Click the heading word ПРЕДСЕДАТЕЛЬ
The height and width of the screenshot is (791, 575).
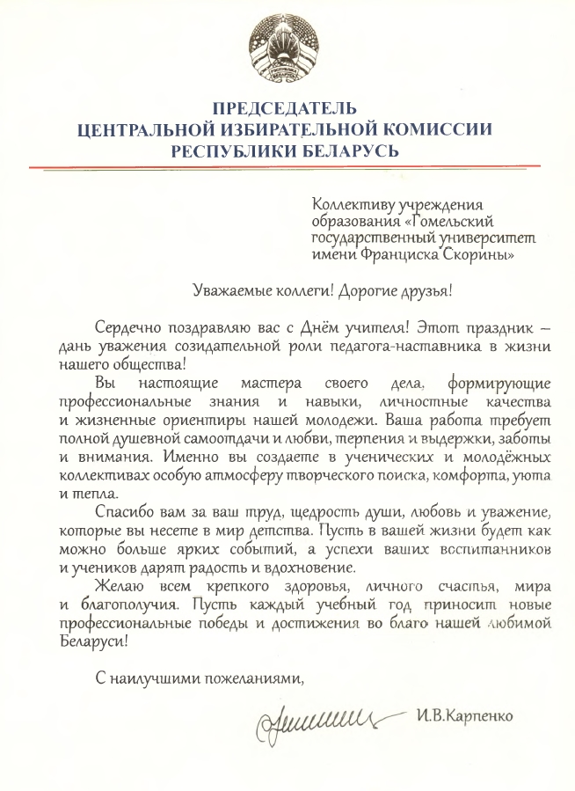tap(286, 109)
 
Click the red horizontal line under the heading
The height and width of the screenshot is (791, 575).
tap(287, 166)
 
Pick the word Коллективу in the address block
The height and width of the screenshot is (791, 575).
tap(351, 207)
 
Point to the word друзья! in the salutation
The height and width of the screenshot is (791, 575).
tap(435, 289)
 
